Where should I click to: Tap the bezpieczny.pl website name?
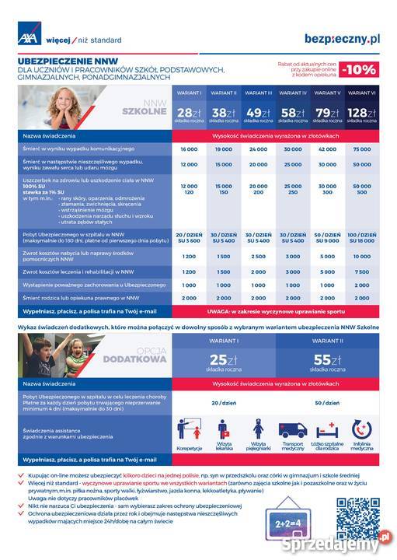pos(342,37)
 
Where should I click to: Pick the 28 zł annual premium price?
pos(189,114)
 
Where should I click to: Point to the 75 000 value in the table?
pos(361,149)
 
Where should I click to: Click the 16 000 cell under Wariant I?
pos(189,149)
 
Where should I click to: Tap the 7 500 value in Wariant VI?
pos(361,272)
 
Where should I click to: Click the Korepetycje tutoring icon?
pos(189,432)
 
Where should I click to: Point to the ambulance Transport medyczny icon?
pos(293,432)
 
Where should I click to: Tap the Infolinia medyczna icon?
pos(361,432)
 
